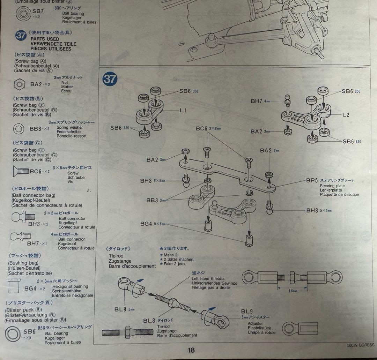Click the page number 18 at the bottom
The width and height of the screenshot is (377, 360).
191,350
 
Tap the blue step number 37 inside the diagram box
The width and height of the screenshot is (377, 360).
110,80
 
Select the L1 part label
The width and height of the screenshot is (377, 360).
183,110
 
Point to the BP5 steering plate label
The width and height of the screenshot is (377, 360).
312,181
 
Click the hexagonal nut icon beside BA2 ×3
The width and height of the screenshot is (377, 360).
20,84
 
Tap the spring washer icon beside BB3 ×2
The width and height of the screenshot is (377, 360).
19,129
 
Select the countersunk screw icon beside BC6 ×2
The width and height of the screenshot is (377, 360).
22,171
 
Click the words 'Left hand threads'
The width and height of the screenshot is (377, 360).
208,279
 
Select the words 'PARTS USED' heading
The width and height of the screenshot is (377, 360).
45,39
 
